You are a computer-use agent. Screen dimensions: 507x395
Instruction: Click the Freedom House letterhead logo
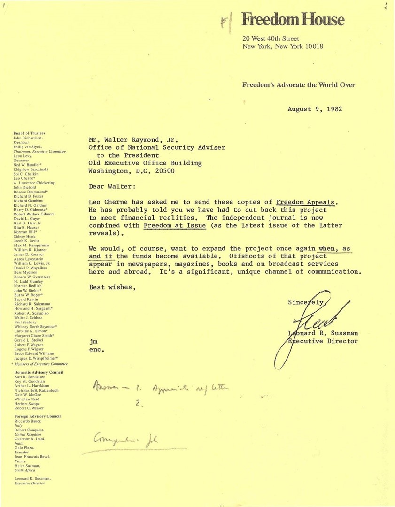tap(293, 20)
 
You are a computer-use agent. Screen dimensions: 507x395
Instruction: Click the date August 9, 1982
tap(315, 109)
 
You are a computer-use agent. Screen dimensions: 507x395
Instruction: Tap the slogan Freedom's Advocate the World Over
tap(298, 85)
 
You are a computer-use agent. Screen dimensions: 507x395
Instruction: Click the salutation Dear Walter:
tap(112, 186)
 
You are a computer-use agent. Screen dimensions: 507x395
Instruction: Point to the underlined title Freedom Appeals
tap(306, 202)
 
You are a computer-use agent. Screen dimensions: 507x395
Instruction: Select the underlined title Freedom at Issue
tap(175, 225)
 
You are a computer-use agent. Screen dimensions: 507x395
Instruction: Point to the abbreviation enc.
tap(96, 349)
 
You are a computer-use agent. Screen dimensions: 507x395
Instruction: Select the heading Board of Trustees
tap(30, 133)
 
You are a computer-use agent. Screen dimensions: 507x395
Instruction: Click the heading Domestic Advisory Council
tap(39, 372)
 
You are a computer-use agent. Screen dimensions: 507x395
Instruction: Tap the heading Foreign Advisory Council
tap(38, 416)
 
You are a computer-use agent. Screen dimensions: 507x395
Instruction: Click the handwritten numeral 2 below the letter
tap(139, 403)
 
